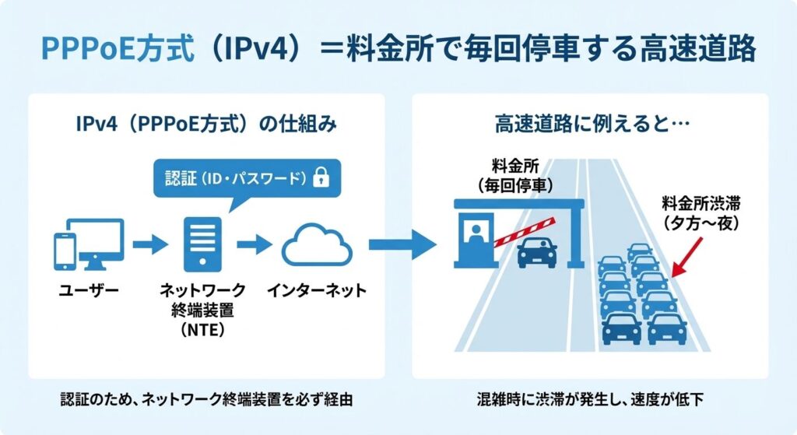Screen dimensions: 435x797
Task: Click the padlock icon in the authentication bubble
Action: (x=318, y=178)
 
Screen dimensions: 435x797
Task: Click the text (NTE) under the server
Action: (x=202, y=332)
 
